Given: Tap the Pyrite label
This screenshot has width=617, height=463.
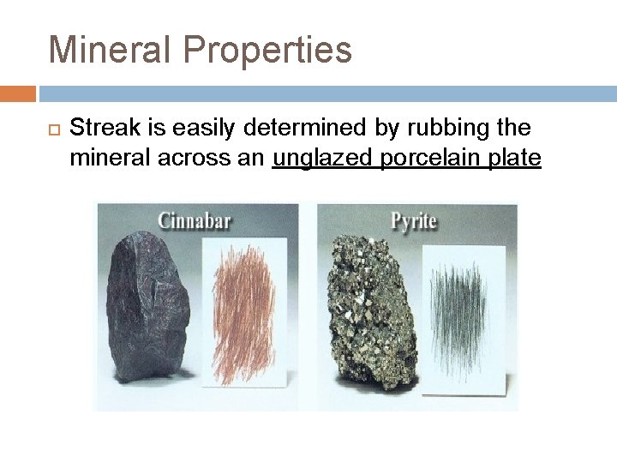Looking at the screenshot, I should pyautogui.click(x=413, y=221).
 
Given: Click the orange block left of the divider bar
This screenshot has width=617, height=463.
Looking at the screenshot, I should pyautogui.click(x=17, y=93).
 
